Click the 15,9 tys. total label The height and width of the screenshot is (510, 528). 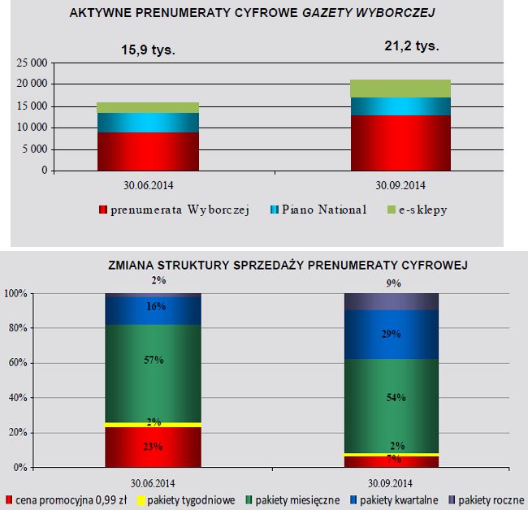pos(148,50)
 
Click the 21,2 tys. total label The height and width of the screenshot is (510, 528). pos(411,46)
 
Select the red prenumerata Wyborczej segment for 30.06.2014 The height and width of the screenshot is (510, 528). pos(148,151)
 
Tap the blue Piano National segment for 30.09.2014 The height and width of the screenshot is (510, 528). pos(400,106)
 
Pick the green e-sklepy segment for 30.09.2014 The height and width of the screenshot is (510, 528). pos(400,89)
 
